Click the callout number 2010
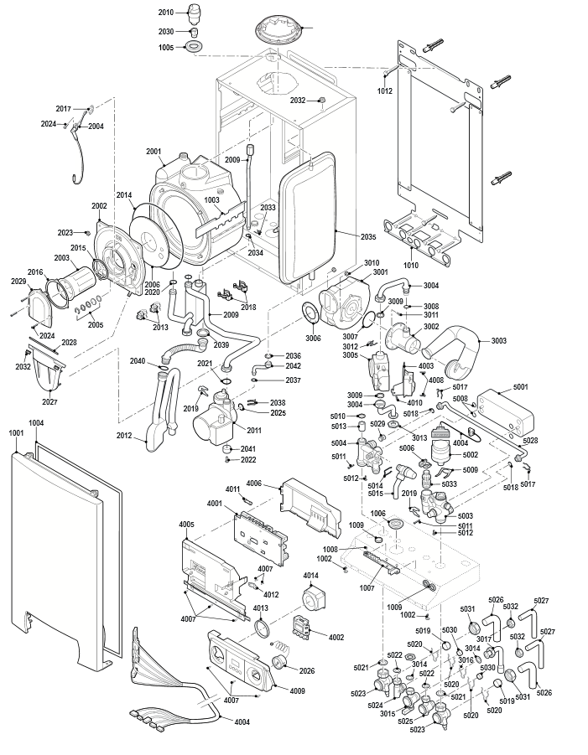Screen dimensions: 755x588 [165, 13]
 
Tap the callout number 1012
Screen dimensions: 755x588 [385, 90]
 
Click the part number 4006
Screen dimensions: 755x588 [254, 484]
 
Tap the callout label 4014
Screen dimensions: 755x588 [311, 576]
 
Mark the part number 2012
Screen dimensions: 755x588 [124, 435]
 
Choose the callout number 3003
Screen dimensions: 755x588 [498, 341]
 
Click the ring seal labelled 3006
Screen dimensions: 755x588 [311, 315]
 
